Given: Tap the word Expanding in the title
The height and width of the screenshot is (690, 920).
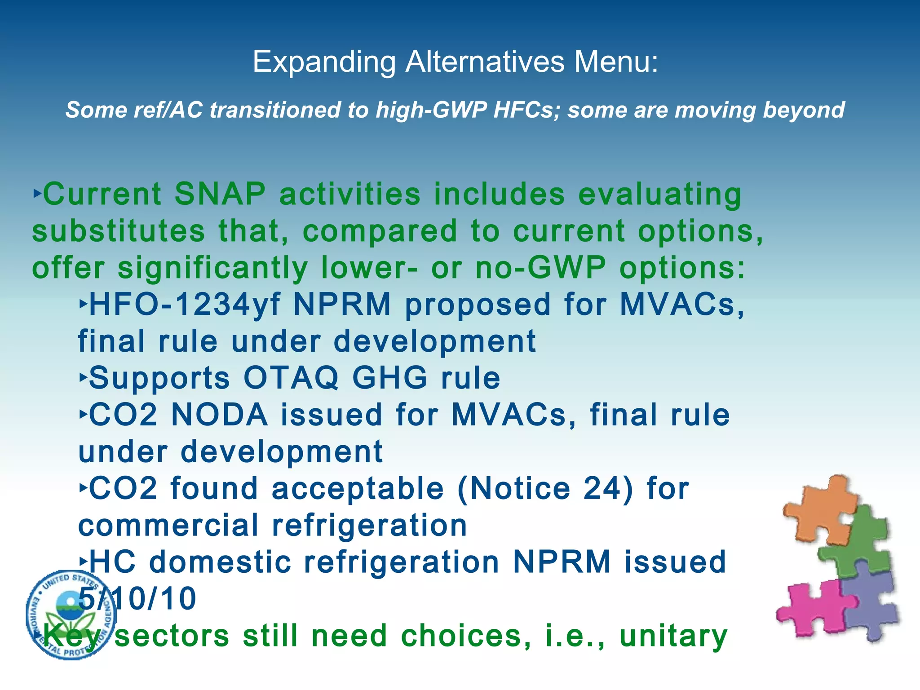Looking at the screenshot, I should (x=324, y=62).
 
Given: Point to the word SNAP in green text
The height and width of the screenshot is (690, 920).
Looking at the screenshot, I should (x=220, y=194).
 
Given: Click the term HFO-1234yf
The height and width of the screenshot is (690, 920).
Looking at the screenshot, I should (x=185, y=305).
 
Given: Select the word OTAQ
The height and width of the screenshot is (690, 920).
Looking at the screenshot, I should (x=291, y=378).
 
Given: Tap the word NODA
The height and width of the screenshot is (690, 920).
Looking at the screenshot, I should (x=220, y=415).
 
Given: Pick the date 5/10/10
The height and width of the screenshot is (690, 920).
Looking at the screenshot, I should (x=137, y=599).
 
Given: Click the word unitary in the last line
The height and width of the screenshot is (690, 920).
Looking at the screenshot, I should (x=673, y=636).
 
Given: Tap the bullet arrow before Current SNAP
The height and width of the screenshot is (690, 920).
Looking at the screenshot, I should (x=37, y=194).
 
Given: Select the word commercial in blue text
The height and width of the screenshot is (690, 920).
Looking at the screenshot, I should (x=168, y=526).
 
